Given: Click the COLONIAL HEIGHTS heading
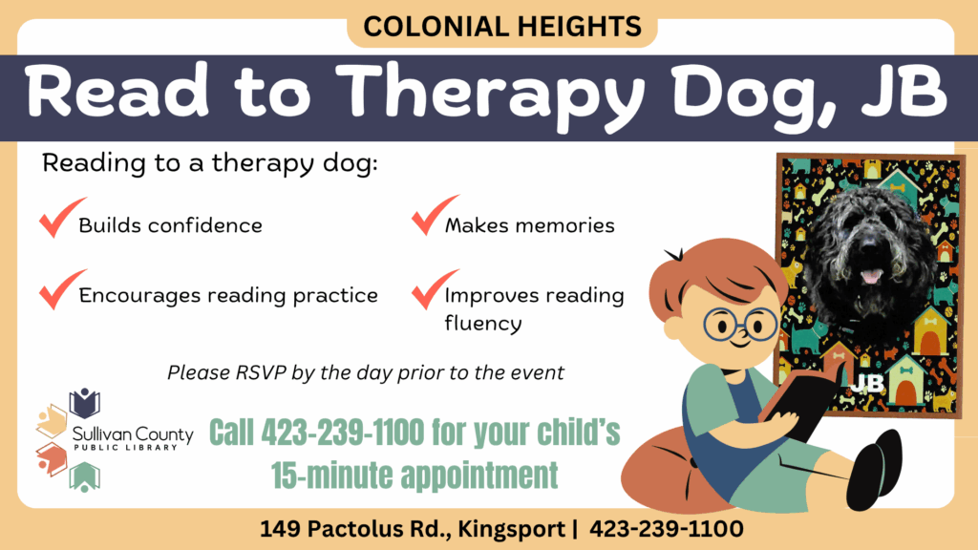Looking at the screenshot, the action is [502, 27].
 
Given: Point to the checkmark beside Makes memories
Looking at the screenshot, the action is [435, 215].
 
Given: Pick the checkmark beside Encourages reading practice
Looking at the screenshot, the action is [62, 289].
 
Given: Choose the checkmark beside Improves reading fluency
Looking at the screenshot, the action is [435, 289].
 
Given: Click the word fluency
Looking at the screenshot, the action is [482, 324].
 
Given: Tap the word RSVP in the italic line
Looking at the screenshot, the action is [261, 373].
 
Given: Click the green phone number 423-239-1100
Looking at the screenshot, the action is [343, 433].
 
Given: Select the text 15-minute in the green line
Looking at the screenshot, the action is [332, 476].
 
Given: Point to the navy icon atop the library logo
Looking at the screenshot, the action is [85, 403].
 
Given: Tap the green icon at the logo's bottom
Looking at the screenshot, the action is [84, 477].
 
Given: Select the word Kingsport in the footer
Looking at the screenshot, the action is [511, 529].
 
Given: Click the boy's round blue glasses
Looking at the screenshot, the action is [740, 325].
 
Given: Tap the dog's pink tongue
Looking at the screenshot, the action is [871, 276].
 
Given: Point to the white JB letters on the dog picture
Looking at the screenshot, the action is [867, 384].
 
